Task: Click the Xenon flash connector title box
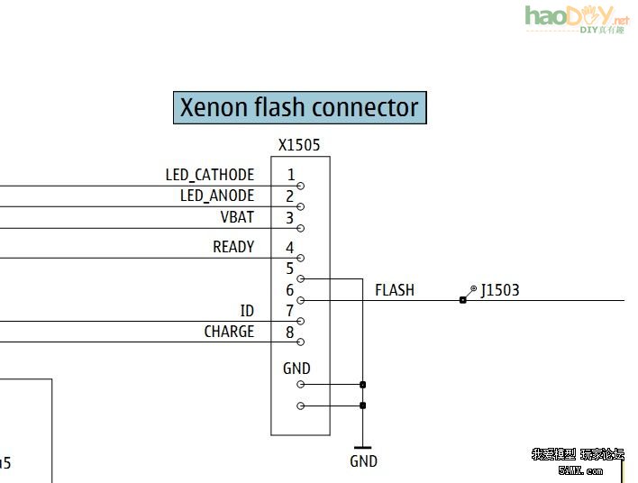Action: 299,107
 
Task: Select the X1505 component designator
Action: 299,144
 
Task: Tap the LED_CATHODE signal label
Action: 210,175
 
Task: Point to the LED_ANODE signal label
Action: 217,196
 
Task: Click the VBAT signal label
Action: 237,217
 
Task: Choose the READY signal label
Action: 233,247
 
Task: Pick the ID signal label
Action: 247,311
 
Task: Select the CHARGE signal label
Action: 229,332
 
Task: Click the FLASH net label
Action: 395,290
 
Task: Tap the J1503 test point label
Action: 500,290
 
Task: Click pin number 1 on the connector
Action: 290,175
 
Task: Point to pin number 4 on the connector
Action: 290,247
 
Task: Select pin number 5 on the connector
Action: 290,269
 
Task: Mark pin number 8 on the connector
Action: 290,332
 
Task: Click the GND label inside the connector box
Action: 296,369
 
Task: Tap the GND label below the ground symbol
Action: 363,461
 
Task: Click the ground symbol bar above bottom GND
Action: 362,447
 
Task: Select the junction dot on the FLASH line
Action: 462,300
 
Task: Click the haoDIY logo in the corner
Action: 577,18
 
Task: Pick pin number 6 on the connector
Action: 290,290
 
